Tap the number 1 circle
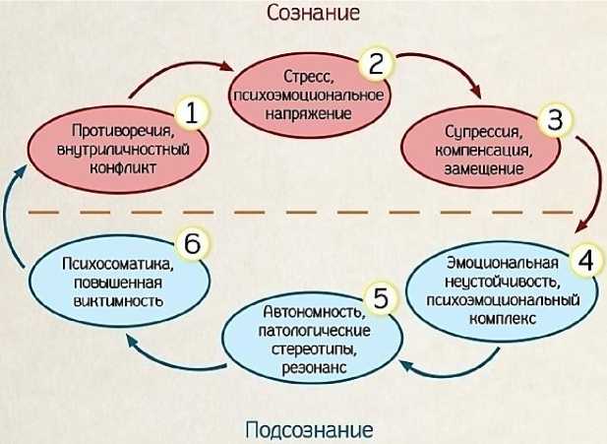coord(192,113)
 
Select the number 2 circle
coord(375,65)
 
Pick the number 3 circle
coord(555,121)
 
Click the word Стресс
coord(304,74)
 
